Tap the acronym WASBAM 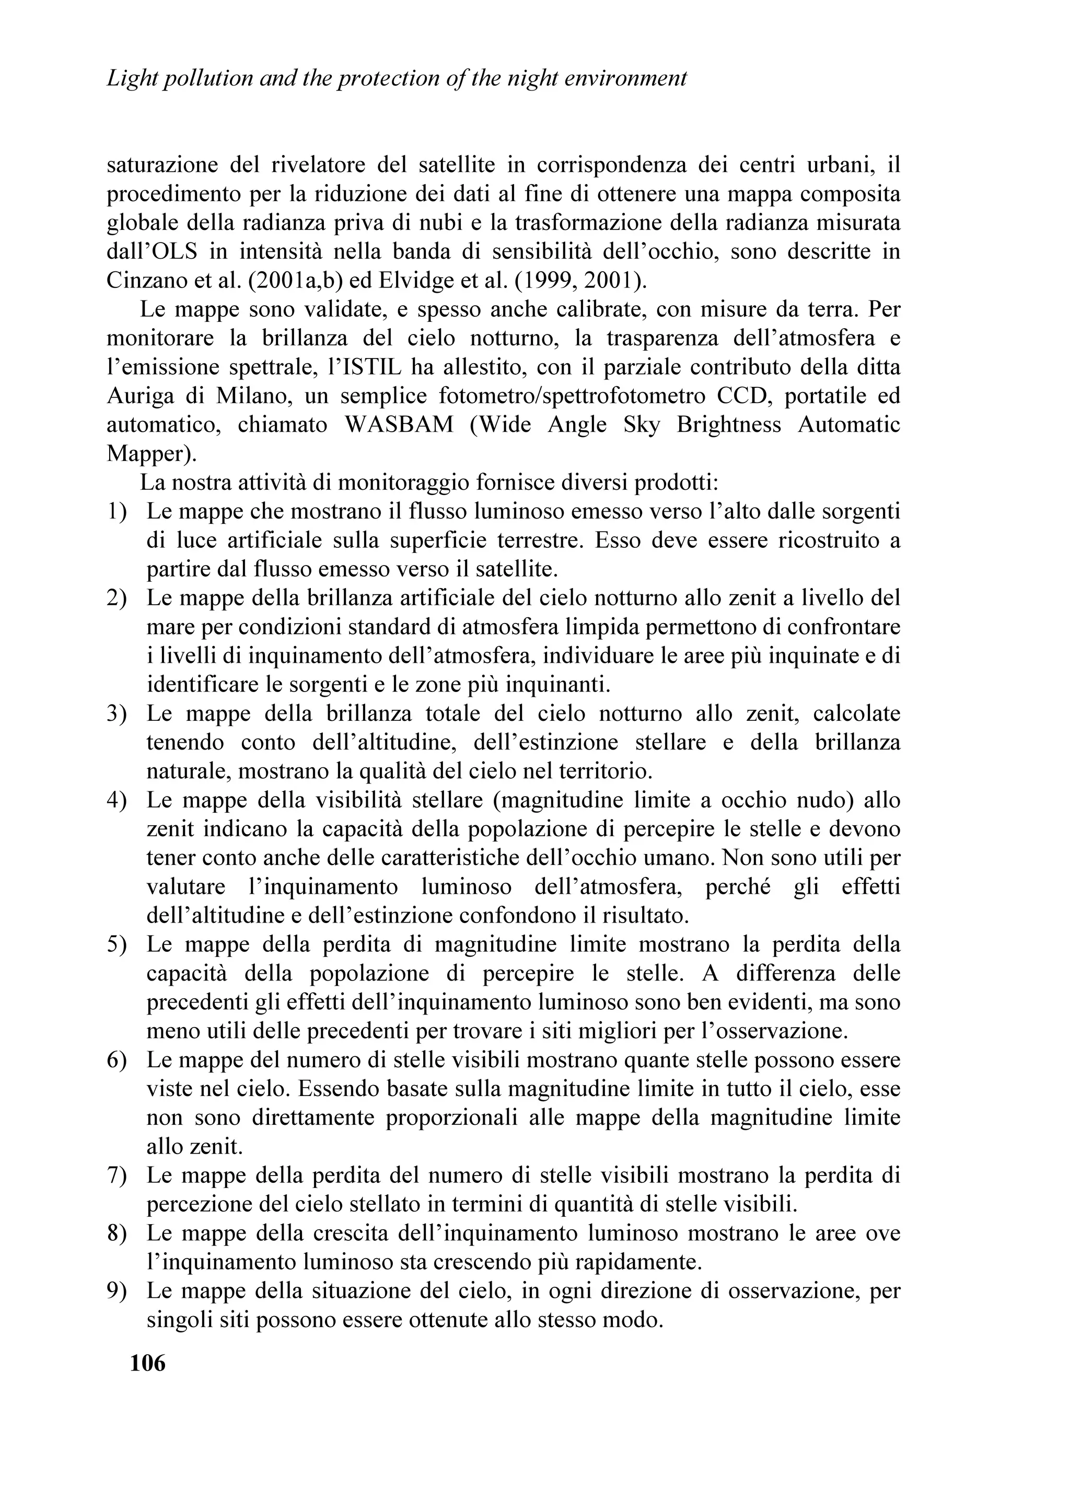point(399,424)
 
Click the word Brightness point(729,424)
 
